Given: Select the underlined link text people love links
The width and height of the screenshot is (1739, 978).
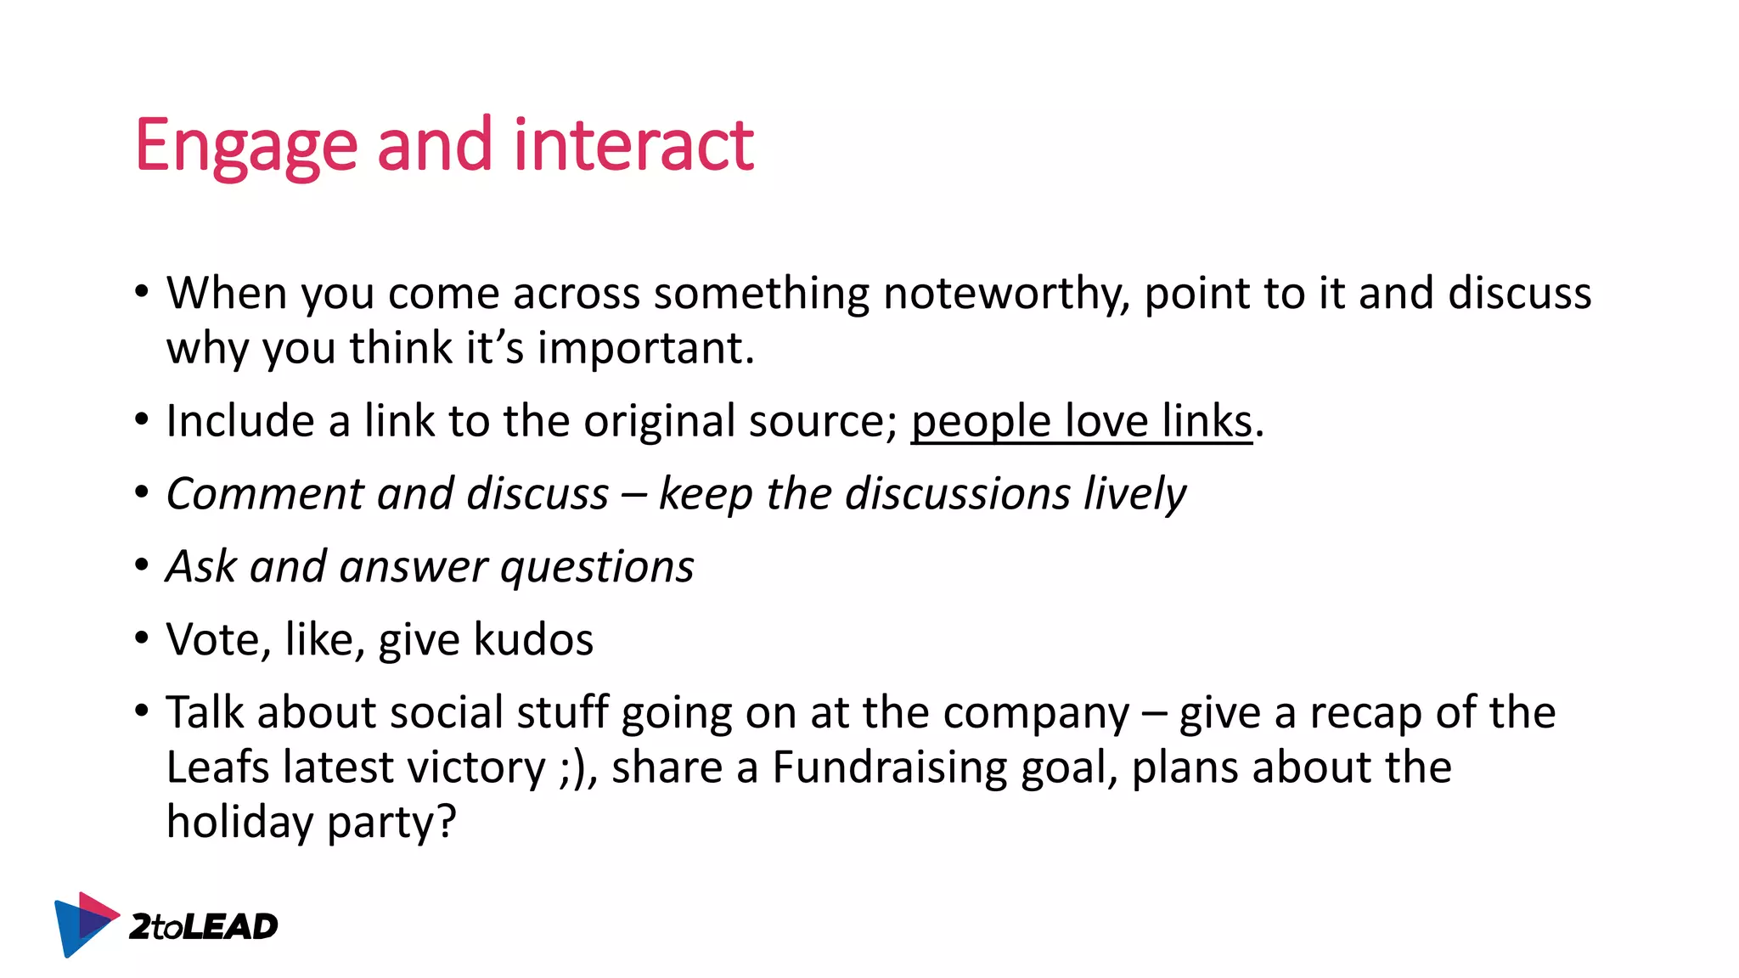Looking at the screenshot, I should [x=1081, y=421].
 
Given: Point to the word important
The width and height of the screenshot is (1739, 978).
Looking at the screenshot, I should [x=645, y=348].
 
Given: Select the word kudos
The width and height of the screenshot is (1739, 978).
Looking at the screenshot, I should [x=533, y=639].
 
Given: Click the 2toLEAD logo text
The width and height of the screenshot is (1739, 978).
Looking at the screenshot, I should [x=204, y=927].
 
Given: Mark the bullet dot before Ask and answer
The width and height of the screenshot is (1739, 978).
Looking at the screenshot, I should [x=142, y=565].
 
